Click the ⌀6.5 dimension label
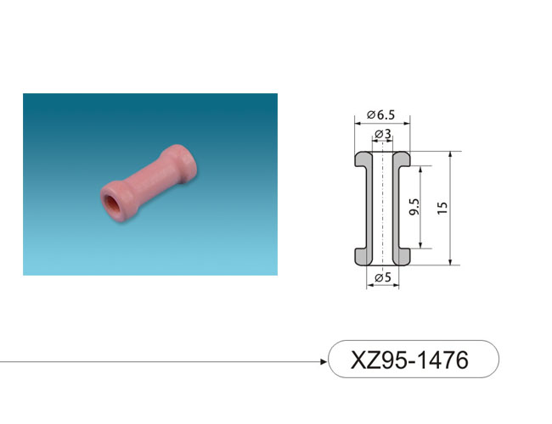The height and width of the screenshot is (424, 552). [380, 115]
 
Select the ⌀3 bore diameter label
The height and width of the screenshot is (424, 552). [383, 134]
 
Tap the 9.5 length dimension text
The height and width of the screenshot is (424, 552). [414, 207]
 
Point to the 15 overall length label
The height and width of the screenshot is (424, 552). [442, 208]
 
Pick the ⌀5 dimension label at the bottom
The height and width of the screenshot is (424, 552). [383, 277]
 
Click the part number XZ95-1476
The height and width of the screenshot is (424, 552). [410, 360]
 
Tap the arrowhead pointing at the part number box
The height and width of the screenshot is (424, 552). [324, 361]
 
